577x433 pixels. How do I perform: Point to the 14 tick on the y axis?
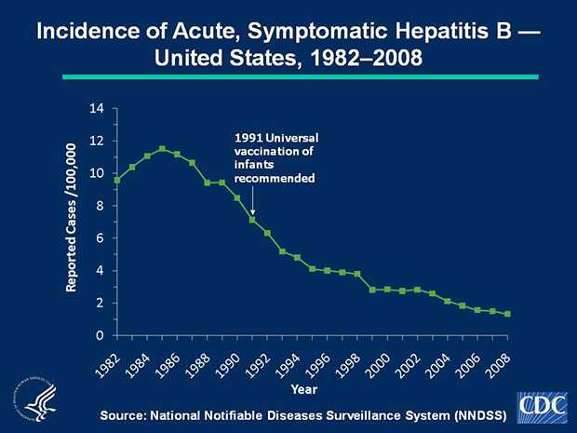97,109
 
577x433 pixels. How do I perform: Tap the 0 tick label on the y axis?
98,335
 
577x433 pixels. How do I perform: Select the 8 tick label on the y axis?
98,206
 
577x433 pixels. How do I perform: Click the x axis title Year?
304,388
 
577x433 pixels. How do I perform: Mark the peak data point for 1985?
162,149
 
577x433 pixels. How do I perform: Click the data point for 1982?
117,180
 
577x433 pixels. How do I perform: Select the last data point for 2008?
508,314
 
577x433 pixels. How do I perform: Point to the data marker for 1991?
252,220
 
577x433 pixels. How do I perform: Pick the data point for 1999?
372,290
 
